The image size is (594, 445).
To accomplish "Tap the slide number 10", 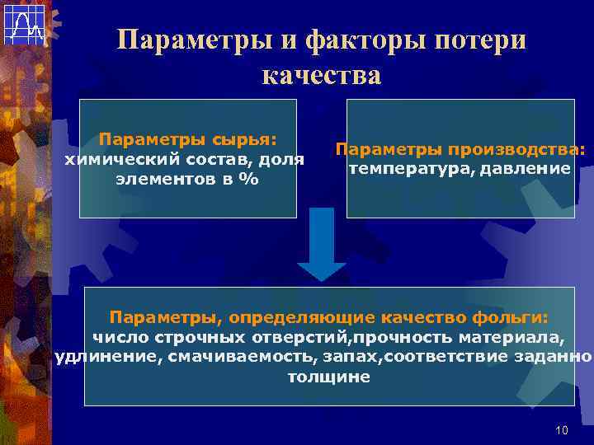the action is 563,430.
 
